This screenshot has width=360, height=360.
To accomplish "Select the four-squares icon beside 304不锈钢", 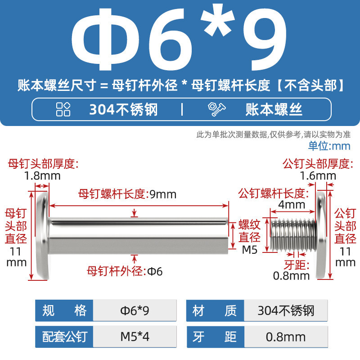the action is click(x=63, y=109).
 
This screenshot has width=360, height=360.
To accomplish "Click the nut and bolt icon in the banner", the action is click(x=217, y=109).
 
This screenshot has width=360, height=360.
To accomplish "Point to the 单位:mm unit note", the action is click(x=329, y=146).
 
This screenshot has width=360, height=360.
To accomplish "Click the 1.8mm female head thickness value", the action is click(x=42, y=176).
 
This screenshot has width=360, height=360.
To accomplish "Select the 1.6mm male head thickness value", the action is click(x=318, y=176).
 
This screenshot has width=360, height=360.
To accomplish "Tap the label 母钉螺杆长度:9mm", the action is click(x=127, y=194).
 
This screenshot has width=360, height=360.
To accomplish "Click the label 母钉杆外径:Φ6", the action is click(x=125, y=271).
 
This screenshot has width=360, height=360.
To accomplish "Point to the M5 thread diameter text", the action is click(x=250, y=250).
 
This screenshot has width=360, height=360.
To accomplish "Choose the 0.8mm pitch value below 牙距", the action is click(x=291, y=276).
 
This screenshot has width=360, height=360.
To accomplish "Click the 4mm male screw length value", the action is click(x=292, y=205).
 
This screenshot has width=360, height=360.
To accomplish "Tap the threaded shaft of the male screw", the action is click(x=293, y=235).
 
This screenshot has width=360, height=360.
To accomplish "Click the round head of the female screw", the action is click(x=43, y=236).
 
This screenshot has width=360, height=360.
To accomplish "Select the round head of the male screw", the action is click(x=322, y=236).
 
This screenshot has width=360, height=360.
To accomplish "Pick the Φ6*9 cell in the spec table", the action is click(x=135, y=310).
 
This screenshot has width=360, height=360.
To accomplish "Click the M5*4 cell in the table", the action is click(x=135, y=337).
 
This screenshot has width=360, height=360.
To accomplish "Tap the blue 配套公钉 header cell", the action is click(x=64, y=337).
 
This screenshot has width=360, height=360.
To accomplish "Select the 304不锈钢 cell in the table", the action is click(x=286, y=310).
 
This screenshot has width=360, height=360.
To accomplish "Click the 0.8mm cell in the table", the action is click(x=286, y=337).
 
